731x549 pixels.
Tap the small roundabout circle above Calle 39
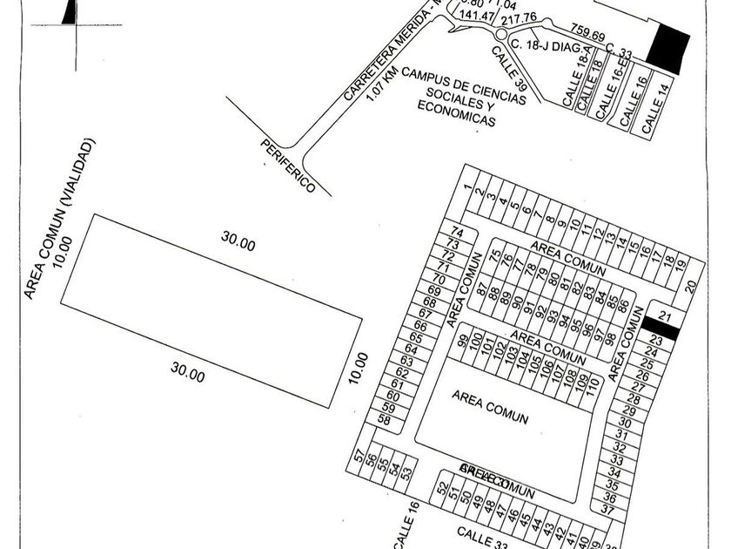click(502, 34)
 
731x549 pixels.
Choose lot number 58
click(384, 420)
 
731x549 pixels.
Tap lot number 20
click(690, 284)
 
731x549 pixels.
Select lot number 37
click(608, 509)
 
